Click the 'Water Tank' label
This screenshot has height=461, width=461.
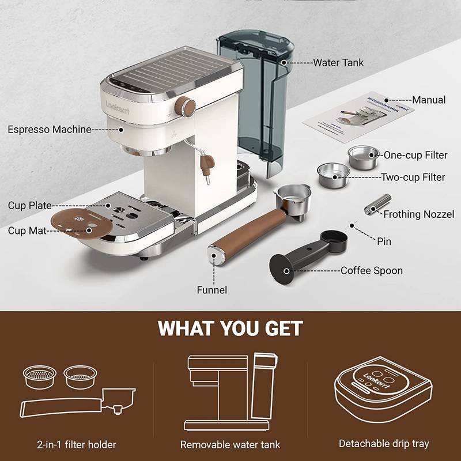pyautogui.click(x=338, y=63)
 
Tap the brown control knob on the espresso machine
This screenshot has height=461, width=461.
pyautogui.click(x=185, y=107)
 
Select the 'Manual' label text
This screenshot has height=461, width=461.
pyautogui.click(x=429, y=100)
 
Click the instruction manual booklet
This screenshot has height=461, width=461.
pyautogui.click(x=358, y=118)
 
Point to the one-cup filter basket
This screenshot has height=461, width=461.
pyautogui.click(x=364, y=157)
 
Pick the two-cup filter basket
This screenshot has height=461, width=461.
pyautogui.click(x=334, y=176)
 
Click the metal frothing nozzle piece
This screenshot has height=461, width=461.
pyautogui.click(x=378, y=205)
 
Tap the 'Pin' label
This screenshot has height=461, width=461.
pyautogui.click(x=384, y=241)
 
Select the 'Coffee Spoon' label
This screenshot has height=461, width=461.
pyautogui.click(x=372, y=270)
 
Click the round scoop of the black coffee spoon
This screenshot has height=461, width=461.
pyautogui.click(x=334, y=241)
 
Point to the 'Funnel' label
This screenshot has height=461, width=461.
pyautogui.click(x=211, y=290)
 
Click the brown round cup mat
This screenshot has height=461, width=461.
pyautogui.click(x=81, y=223)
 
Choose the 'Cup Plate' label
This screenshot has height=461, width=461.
pyautogui.click(x=30, y=205)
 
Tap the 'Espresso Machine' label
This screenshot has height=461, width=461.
pyautogui.click(x=50, y=129)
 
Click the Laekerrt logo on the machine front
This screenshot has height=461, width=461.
pyautogui.click(x=118, y=108)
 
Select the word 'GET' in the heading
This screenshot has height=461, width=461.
pyautogui.click(x=284, y=328)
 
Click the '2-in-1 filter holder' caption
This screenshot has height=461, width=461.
pyautogui.click(x=77, y=444)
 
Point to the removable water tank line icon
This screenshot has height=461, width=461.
pyautogui.click(x=231, y=391)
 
